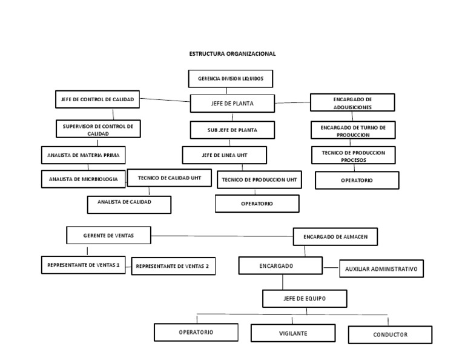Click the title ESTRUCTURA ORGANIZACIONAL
pyautogui.click(x=232, y=54)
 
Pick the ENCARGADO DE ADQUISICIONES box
pyautogui.click(x=352, y=102)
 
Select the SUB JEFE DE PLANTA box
pyautogui.click(x=232, y=130)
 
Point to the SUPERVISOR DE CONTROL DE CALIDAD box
pyautogui.click(x=98, y=129)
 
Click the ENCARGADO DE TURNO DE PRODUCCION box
pyautogui.click(x=353, y=130)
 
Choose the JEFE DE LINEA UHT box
pyautogui.click(x=225, y=155)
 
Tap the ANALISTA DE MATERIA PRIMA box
pyautogui.click(x=84, y=155)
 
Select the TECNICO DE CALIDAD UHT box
pyautogui.click(x=169, y=178)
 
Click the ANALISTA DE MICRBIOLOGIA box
pyautogui.click(x=84, y=179)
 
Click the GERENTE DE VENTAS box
pyautogui.click(x=108, y=235)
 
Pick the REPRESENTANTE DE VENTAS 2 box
pyautogui.click(x=173, y=266)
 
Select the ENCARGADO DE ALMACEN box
pyautogui.click(x=335, y=237)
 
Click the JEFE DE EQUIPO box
pyautogui.click(x=305, y=299)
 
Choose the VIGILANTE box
pyautogui.click(x=293, y=333)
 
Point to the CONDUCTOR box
pyautogui.click(x=390, y=335)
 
